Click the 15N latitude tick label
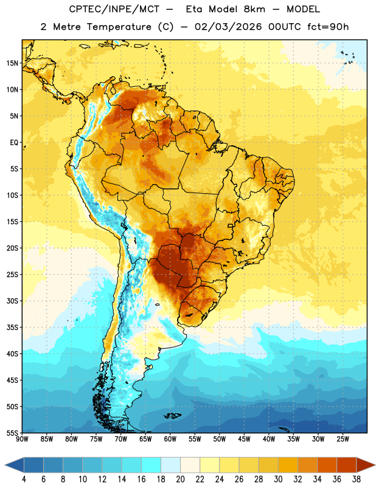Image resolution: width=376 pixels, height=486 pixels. tap(12, 63)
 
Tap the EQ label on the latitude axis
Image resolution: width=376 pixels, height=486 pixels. tap(14, 143)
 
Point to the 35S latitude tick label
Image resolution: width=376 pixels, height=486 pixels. tap(12, 327)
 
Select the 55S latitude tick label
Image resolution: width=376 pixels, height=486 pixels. tap(12, 433)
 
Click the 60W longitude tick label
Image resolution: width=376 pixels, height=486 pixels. tap(170, 439)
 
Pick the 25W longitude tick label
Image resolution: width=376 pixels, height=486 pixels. tap(343, 439)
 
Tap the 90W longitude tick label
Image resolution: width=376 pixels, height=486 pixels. tap(22, 439)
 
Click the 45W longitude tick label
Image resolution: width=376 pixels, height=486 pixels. tap(244, 439)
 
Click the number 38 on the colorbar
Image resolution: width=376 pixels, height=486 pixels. tap(357, 479)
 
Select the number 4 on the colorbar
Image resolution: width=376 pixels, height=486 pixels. tap(24, 479)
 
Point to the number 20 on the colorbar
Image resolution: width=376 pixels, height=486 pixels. tap(180, 479)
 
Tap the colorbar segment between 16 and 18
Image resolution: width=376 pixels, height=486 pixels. tap(151, 465)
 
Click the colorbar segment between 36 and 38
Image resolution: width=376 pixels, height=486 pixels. tap(347, 465)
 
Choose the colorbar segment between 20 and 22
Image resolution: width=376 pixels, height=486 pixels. tap(190, 465)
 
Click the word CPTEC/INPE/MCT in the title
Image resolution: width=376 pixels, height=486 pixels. tap(114, 9)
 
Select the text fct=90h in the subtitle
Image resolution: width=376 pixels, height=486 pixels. tap(328, 27)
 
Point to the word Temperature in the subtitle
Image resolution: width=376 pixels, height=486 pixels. tap(119, 27)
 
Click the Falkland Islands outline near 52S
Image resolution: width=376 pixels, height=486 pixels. tap(173, 416)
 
